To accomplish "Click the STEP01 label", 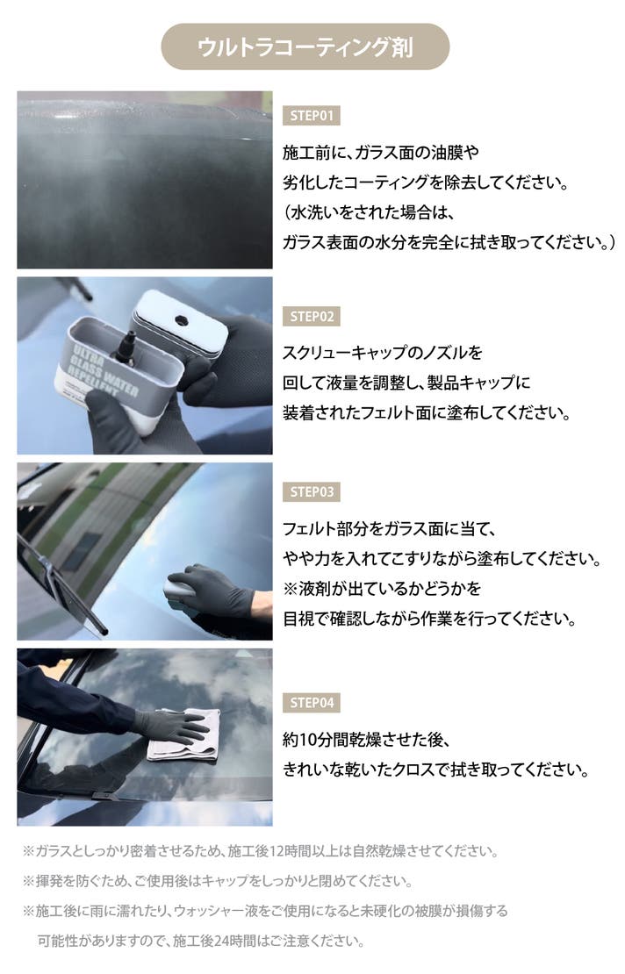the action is pos(312,115).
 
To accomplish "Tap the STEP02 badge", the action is pos(312,316).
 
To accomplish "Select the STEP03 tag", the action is pos(312,492).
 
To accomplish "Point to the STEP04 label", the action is pos(312,703).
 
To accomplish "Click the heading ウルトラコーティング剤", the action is pos(305,47).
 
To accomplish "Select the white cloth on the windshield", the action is pos(185,735).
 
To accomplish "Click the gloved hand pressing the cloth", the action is pos(171,725).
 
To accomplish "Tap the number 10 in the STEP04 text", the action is pos(309,740).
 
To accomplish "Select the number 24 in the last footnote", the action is pos(221,941).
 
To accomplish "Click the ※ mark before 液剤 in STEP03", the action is pos(291,588).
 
